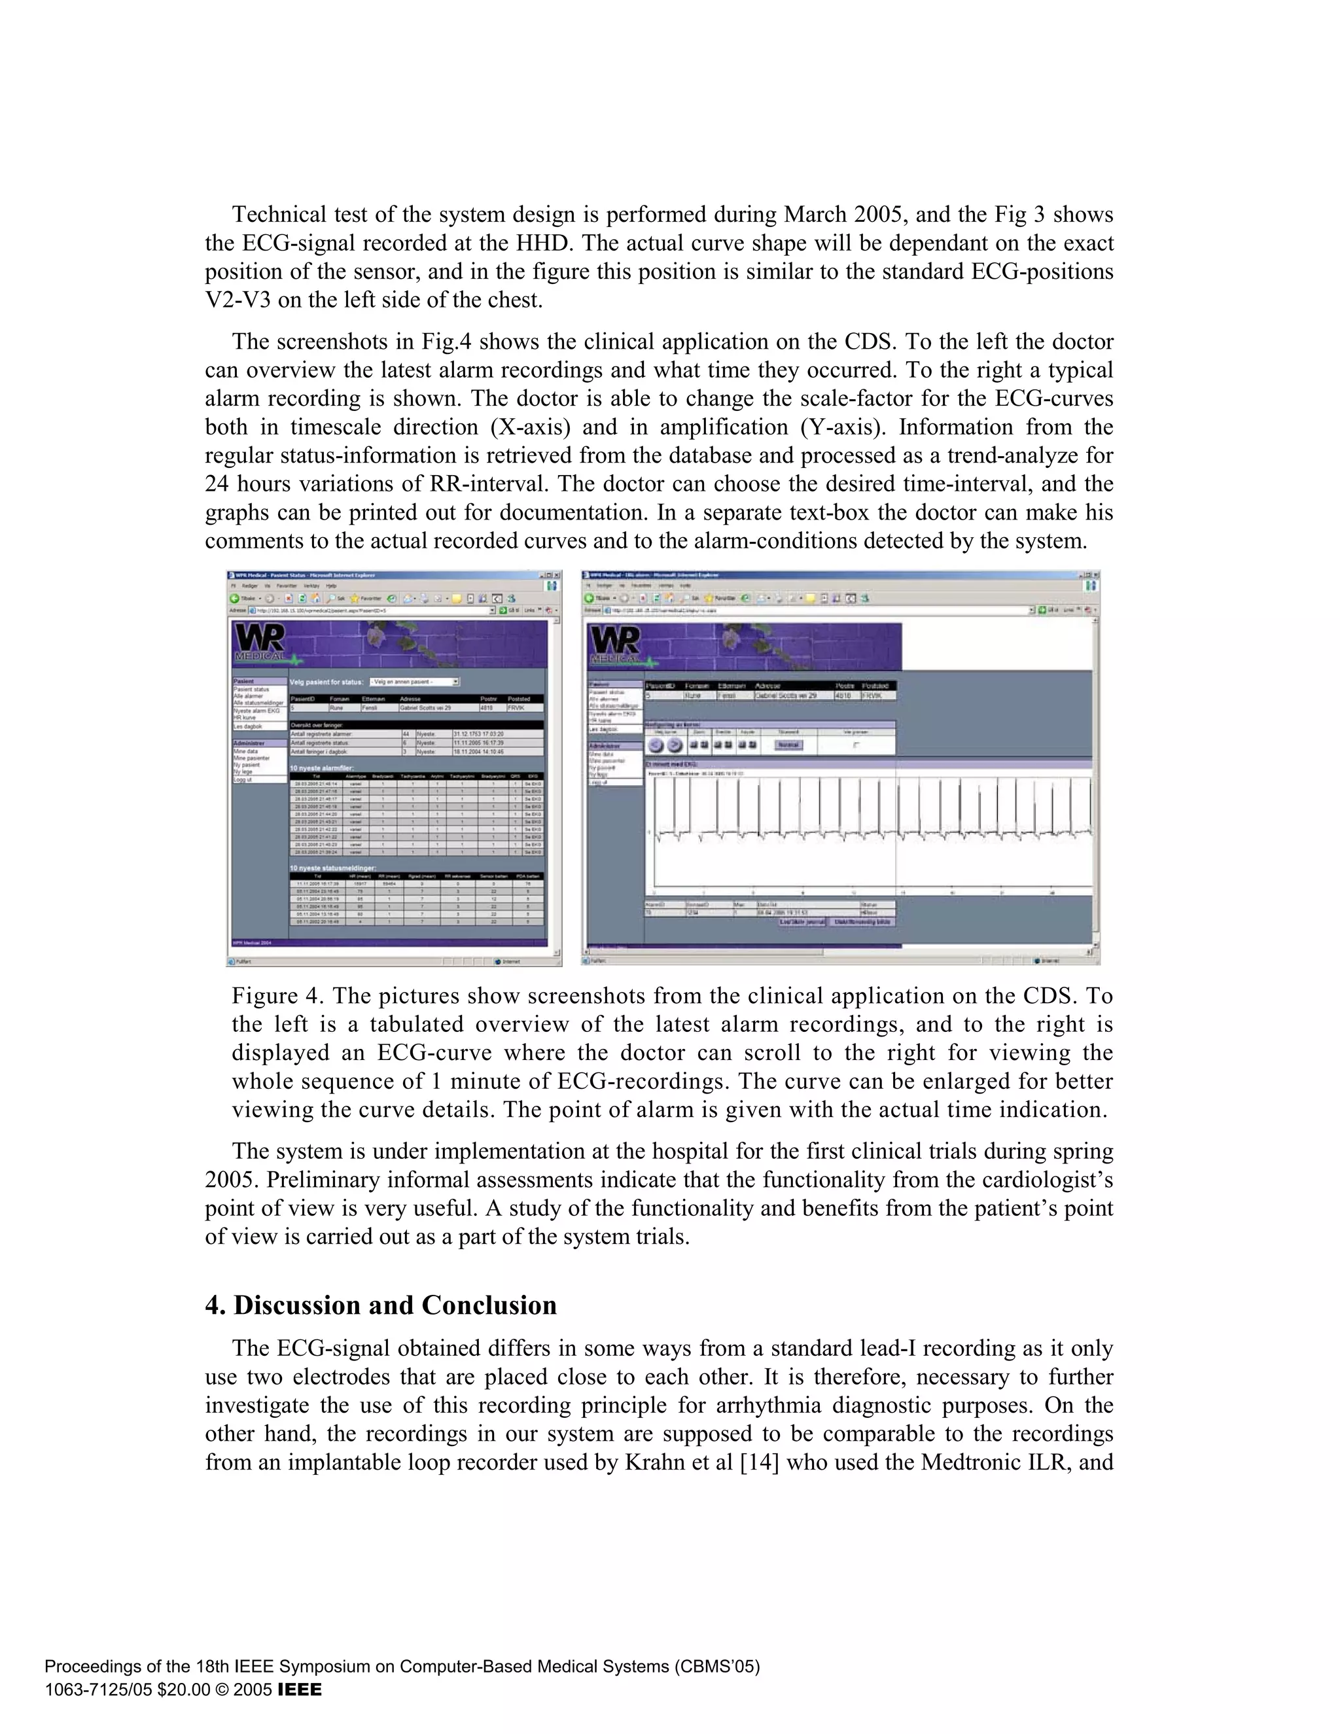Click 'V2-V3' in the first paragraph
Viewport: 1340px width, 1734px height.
click(238, 300)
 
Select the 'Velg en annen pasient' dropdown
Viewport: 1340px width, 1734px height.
click(414, 682)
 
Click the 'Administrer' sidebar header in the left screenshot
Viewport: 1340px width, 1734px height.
click(249, 743)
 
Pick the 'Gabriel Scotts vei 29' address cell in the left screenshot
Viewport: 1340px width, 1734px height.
click(425, 707)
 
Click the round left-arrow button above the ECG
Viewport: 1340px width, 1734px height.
click(655, 745)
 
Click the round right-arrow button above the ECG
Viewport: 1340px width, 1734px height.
click(673, 745)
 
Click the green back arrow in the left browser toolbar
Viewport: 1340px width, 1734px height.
click(234, 598)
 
